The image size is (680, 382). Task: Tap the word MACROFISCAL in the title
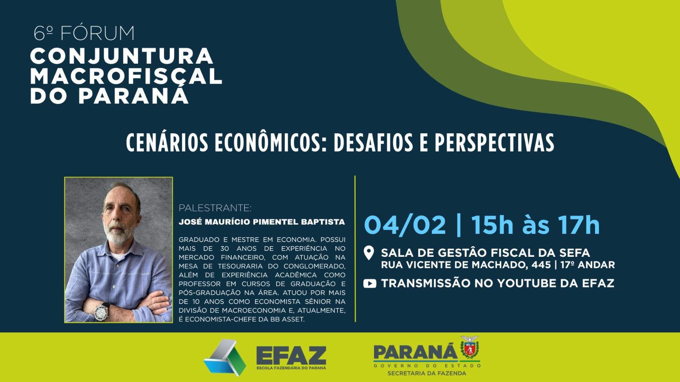[126, 76]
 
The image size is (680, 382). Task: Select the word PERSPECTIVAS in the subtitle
[494, 143]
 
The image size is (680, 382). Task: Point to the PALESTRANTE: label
[215, 208]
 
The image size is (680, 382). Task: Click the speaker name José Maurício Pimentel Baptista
[262, 222]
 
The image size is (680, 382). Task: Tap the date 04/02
[405, 225]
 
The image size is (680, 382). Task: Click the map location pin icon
[369, 253]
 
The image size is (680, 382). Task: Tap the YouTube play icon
[370, 284]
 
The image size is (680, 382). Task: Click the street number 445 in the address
[541, 265]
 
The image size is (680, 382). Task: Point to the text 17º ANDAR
[587, 265]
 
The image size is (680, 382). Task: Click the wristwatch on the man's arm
[102, 312]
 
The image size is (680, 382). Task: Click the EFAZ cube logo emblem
[225, 357]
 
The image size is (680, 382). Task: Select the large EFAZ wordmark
[291, 356]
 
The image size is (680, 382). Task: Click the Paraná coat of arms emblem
[470, 348]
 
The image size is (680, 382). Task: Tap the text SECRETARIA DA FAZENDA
[427, 373]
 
